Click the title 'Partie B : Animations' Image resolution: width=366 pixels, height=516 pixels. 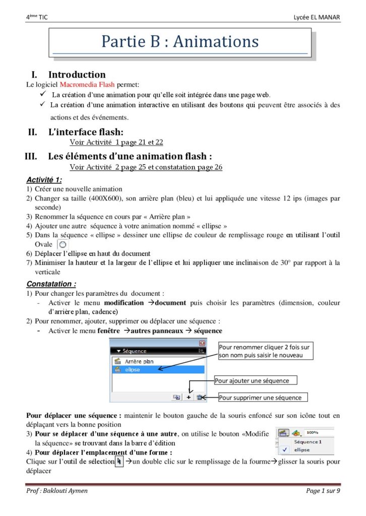[x=180, y=41]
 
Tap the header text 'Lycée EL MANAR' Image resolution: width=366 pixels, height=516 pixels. [x=317, y=18]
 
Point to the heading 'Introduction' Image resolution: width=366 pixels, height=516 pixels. [x=77, y=75]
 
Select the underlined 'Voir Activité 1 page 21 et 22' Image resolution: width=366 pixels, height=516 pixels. [x=116, y=143]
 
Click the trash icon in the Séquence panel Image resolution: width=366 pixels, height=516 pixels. [x=200, y=397]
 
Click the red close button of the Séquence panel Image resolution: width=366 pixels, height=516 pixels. [x=202, y=343]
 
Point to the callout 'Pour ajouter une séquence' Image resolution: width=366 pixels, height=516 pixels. [x=256, y=380]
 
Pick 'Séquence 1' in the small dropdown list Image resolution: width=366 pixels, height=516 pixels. [x=308, y=441]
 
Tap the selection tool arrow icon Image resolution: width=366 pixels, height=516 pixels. [x=119, y=461]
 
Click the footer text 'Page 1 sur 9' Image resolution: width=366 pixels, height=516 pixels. [x=323, y=491]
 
